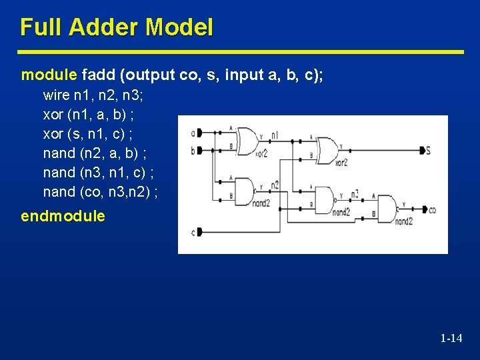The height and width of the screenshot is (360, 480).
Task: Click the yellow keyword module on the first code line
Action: (50, 75)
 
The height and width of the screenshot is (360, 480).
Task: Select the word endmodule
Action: (63, 216)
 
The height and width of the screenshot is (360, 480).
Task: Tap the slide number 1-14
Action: (451, 338)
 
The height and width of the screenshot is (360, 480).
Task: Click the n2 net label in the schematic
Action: (275, 184)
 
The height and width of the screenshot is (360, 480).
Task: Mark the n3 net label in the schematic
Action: (355, 194)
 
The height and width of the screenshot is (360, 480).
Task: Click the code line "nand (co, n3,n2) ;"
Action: (100, 192)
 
